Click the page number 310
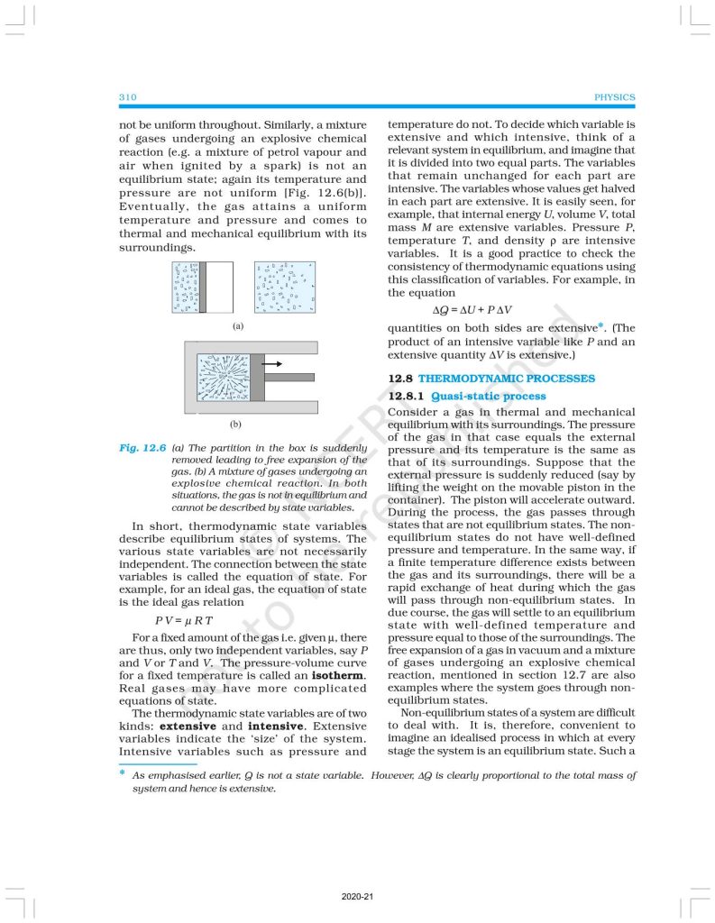[126, 97]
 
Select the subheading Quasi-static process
[489, 397]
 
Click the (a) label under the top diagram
[238, 326]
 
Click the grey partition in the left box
[204, 288]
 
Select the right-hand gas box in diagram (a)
[284, 288]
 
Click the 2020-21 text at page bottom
[357, 898]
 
